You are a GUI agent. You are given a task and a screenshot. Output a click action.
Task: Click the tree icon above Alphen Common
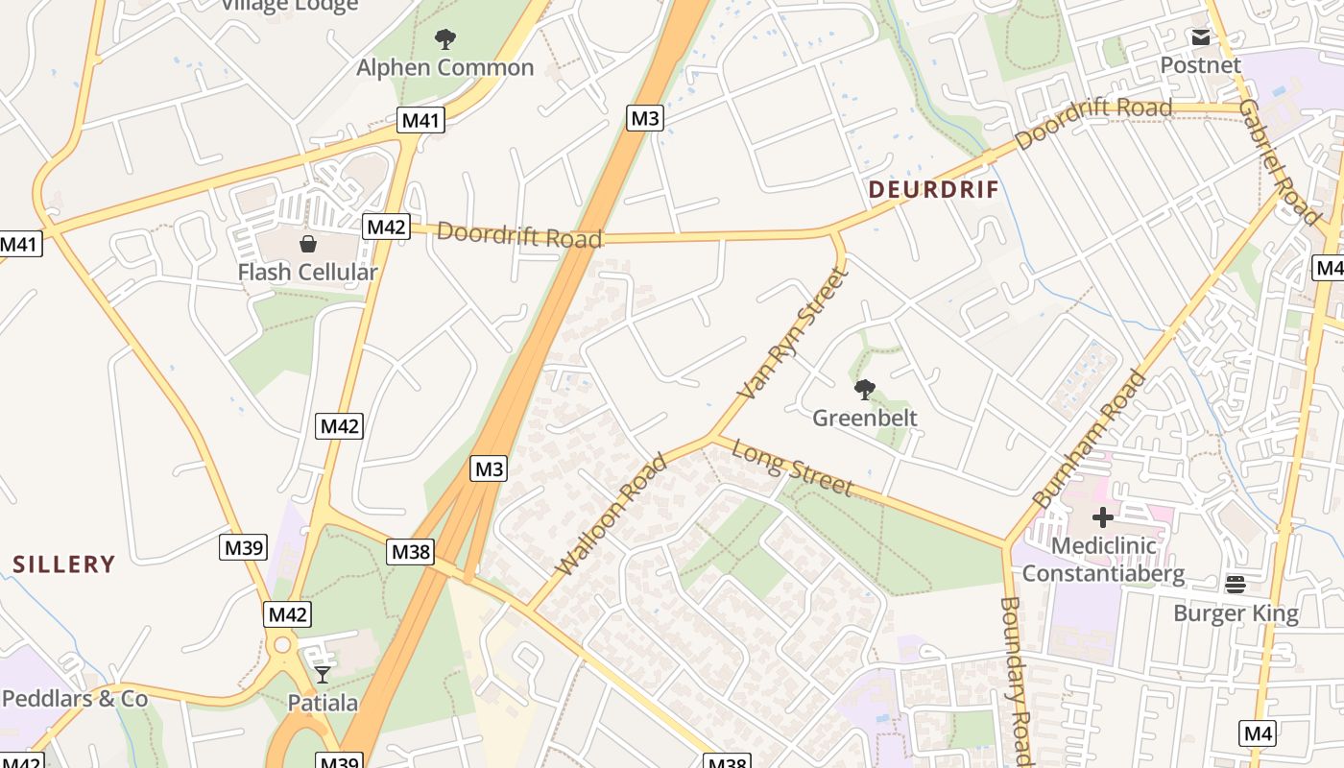coord(444,39)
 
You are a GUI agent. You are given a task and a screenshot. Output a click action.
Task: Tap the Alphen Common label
coord(444,67)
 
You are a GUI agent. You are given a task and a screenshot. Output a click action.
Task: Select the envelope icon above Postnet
coord(1200,37)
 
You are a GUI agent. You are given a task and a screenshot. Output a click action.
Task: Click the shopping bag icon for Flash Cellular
coord(308,244)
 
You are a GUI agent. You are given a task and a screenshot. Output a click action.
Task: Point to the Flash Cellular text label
coord(307,272)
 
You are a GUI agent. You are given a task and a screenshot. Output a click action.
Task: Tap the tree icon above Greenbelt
coord(865,389)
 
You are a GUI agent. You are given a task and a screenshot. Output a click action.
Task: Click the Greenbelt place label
coord(865,418)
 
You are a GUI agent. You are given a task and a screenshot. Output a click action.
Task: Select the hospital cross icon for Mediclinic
coord(1103,517)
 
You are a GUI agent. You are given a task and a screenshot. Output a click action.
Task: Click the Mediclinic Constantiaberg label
coord(1103,560)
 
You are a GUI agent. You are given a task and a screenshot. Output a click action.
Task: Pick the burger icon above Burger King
coord(1236,584)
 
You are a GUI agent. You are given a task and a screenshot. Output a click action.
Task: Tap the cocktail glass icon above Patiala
coord(323,675)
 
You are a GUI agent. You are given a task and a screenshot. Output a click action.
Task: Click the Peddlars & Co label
coord(75,698)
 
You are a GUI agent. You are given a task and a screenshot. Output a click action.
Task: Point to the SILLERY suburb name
coord(64,564)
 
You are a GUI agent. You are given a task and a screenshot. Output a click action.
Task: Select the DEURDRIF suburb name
coord(934,189)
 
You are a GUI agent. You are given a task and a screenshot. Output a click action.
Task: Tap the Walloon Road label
coord(612,516)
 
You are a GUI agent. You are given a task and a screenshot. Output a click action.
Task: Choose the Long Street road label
coord(793,468)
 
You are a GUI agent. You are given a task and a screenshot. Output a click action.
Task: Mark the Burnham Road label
coord(1090,439)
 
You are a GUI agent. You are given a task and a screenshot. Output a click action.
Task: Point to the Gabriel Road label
coord(1280,161)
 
